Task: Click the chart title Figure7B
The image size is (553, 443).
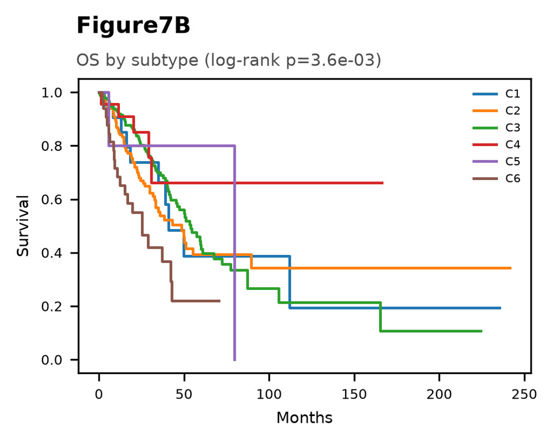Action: (x=133, y=26)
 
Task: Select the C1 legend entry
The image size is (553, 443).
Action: (x=496, y=94)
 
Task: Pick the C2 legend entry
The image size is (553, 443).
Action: (x=496, y=110)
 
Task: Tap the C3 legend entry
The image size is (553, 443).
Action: (x=496, y=128)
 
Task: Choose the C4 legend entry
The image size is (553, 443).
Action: (x=496, y=144)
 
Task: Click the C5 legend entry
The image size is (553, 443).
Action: (x=496, y=161)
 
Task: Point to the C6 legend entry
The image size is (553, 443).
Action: (x=496, y=178)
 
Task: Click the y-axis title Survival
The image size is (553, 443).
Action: (x=23, y=226)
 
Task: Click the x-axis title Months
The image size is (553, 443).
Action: (x=304, y=418)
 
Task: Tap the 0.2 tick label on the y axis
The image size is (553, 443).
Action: (x=52, y=307)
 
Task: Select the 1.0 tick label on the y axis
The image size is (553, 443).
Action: (x=52, y=93)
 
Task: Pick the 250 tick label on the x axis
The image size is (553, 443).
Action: (x=524, y=394)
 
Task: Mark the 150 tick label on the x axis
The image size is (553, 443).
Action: (x=354, y=394)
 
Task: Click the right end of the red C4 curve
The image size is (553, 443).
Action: (x=383, y=183)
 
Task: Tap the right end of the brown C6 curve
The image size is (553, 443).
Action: (x=219, y=301)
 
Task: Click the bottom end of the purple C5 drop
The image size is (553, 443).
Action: (x=234, y=360)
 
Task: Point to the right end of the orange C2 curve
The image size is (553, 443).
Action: (x=511, y=268)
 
